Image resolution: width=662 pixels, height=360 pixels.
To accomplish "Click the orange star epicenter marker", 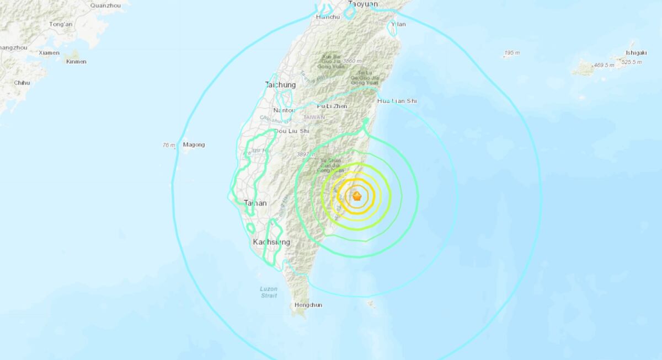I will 357,195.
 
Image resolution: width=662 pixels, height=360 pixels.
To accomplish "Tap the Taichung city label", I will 280,85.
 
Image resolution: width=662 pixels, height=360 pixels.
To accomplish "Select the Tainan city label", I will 255,203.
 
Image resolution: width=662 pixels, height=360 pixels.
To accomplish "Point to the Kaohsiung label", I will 271,242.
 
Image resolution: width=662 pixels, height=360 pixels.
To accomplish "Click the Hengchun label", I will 308,305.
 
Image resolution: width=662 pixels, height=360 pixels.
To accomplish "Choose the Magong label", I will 194,145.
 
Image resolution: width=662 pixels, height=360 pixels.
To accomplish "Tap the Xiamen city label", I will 49,53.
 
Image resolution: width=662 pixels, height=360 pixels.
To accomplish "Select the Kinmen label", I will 76,62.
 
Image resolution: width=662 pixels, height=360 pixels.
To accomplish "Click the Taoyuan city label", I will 363,4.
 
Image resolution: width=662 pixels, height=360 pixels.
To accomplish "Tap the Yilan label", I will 398,24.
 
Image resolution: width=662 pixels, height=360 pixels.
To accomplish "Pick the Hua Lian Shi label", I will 397,101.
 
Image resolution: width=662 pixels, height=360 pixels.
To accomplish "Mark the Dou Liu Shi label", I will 291,131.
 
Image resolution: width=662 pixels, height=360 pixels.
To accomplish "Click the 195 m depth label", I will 512,53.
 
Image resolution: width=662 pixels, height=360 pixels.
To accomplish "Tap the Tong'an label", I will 61,24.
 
